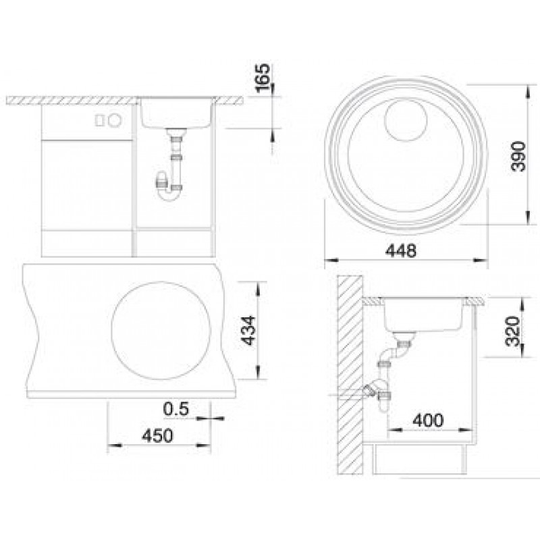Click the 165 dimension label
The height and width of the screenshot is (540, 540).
point(263,78)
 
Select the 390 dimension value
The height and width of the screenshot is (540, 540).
point(518,156)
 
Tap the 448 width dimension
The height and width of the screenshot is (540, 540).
point(400,250)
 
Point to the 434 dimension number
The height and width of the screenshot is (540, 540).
point(248,330)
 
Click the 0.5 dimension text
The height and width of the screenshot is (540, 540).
point(176,409)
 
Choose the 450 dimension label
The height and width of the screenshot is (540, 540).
point(157,435)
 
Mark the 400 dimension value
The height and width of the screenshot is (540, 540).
point(428,420)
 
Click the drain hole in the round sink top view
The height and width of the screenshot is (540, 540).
point(406,120)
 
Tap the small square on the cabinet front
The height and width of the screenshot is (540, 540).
point(100,121)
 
